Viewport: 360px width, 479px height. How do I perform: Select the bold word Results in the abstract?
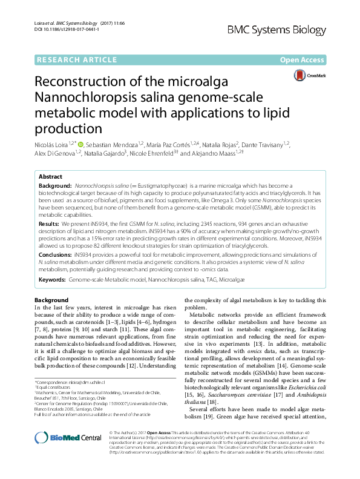pos(50,223)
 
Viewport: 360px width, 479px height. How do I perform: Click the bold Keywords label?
pos(53,280)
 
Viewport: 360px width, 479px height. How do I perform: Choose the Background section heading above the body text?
pos(51,300)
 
